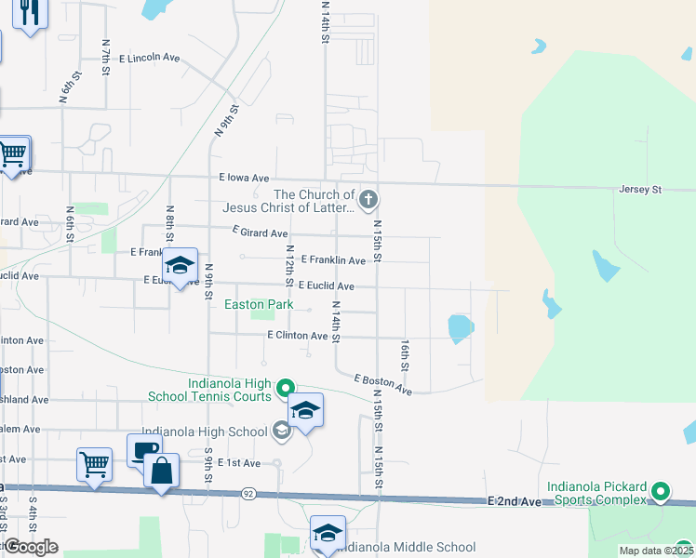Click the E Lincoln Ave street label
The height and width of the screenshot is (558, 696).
pyautogui.click(x=149, y=58)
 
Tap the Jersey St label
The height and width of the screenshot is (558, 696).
pyautogui.click(x=639, y=190)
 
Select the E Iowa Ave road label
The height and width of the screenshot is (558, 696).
pyautogui.click(x=244, y=178)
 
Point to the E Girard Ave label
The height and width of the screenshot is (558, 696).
pyautogui.click(x=260, y=233)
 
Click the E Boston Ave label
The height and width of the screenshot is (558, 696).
pyautogui.click(x=383, y=385)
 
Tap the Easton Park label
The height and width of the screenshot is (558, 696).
pyautogui.click(x=259, y=304)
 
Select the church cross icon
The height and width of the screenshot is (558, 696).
pyautogui.click(x=368, y=198)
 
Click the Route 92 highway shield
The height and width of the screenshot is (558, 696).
pyautogui.click(x=248, y=492)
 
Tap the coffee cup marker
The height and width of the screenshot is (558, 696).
pyautogui.click(x=144, y=450)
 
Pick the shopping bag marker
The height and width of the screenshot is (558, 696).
pyautogui.click(x=162, y=471)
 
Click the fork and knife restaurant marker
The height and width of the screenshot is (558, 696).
pyautogui.click(x=31, y=12)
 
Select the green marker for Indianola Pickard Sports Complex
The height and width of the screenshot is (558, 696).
pyautogui.click(x=661, y=491)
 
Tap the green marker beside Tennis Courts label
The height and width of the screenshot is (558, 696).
pyautogui.click(x=286, y=388)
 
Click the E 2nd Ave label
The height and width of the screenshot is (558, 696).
pyautogui.click(x=514, y=500)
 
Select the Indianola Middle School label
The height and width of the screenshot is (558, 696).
pyautogui.click(x=405, y=548)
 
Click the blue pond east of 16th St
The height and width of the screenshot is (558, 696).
pyautogui.click(x=460, y=327)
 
